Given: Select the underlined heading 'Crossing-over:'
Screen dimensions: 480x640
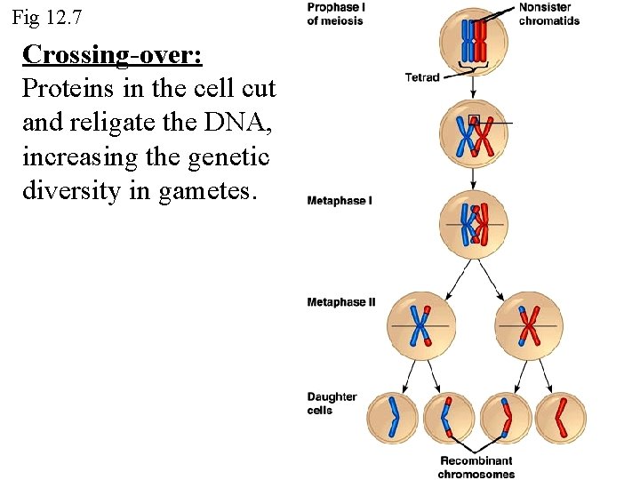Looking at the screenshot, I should click(112, 55).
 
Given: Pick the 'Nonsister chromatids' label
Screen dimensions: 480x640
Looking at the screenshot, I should click(548, 13).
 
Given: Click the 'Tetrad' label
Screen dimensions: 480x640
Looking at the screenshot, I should click(422, 77).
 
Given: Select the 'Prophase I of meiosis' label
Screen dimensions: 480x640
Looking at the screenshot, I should click(335, 13).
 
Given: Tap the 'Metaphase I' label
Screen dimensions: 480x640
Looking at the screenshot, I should click(340, 201).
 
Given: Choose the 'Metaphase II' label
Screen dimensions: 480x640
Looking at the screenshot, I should click(341, 302).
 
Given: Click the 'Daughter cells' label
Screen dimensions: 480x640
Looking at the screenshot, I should click(332, 404).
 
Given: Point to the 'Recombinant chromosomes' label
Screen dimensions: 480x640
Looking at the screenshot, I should click(476, 467).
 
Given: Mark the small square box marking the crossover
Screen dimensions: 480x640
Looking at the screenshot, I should click(474, 120).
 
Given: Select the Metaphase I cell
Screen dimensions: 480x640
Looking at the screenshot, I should click(474, 224).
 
